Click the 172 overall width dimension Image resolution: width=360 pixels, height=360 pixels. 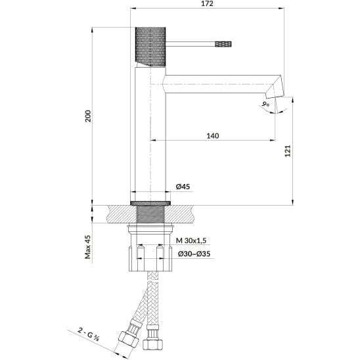(x=208, y=4)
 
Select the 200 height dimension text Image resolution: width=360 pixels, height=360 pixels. (x=88, y=115)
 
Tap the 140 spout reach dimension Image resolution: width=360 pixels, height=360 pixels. (x=212, y=135)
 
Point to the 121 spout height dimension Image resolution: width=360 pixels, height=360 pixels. (x=287, y=152)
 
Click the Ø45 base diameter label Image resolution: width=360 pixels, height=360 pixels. (x=183, y=187)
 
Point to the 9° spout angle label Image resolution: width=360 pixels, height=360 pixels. (x=265, y=104)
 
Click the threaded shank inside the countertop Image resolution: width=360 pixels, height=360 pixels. (x=150, y=215)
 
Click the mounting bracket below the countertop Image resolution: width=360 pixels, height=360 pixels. (x=150, y=253)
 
